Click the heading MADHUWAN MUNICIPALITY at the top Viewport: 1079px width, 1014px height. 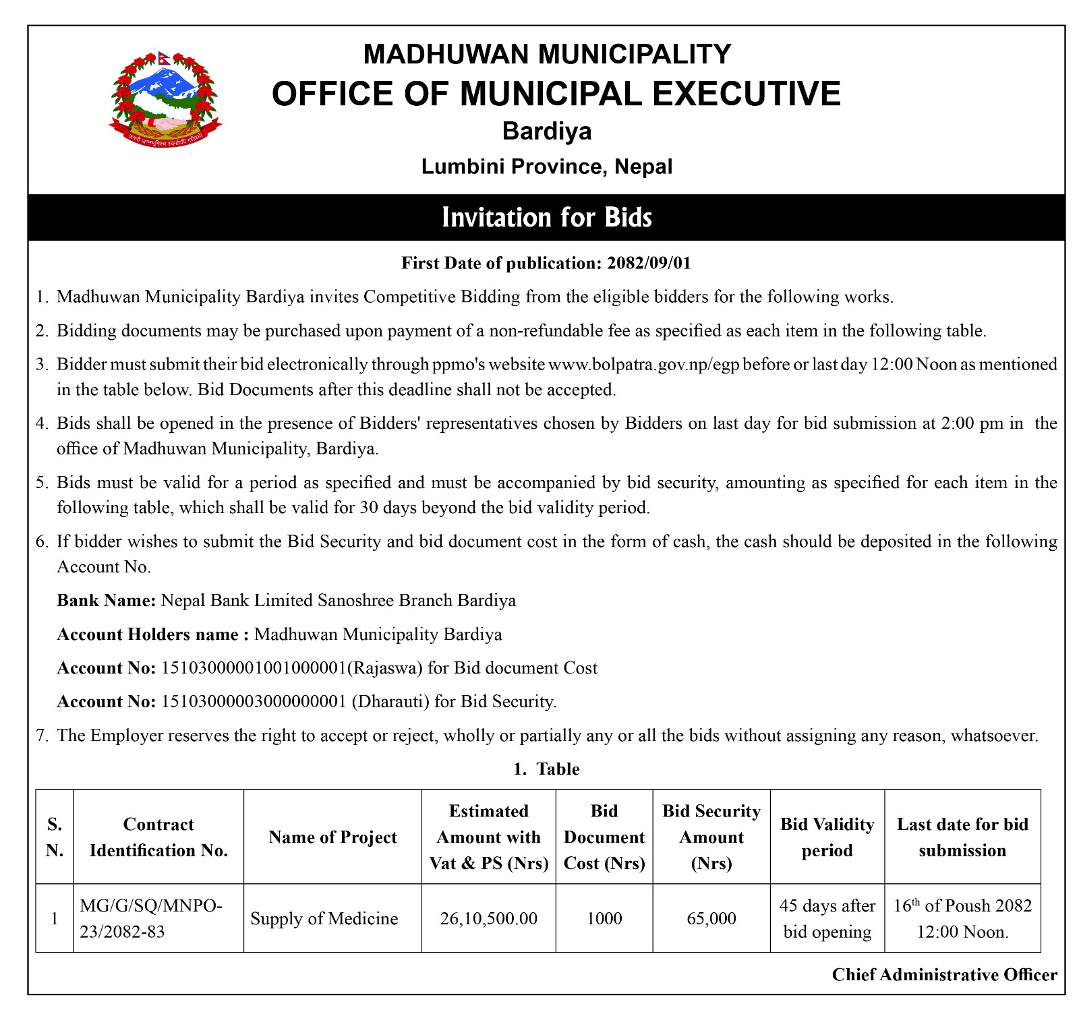(x=547, y=54)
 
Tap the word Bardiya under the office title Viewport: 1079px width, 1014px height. (x=547, y=131)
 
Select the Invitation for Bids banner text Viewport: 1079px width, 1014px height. (x=547, y=218)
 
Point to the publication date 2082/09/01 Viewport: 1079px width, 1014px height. (x=649, y=263)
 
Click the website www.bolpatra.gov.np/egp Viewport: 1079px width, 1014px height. (x=644, y=365)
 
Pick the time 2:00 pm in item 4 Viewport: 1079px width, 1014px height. (x=962, y=423)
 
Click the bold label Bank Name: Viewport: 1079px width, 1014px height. (x=107, y=601)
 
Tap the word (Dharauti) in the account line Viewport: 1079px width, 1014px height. (x=390, y=702)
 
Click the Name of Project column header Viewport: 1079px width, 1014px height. (x=332, y=837)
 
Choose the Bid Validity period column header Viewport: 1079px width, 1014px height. (x=827, y=837)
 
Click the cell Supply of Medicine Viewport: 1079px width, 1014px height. (x=324, y=919)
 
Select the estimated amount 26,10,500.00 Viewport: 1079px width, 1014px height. (x=488, y=919)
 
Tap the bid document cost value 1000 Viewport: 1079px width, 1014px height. (x=604, y=919)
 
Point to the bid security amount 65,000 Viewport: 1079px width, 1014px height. (x=711, y=919)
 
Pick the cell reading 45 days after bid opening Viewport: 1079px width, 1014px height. (x=827, y=919)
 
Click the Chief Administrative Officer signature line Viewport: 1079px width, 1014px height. (x=944, y=975)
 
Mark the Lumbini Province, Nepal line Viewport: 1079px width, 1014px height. (x=547, y=167)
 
